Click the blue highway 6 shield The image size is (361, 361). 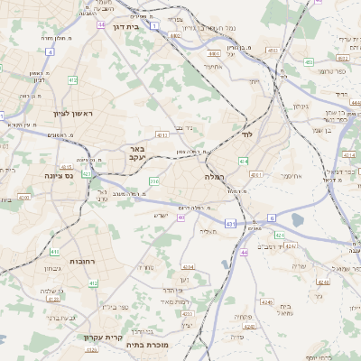pos(271,218)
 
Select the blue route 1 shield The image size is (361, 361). pos(154,27)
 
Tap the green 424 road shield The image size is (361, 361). pos(280,235)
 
